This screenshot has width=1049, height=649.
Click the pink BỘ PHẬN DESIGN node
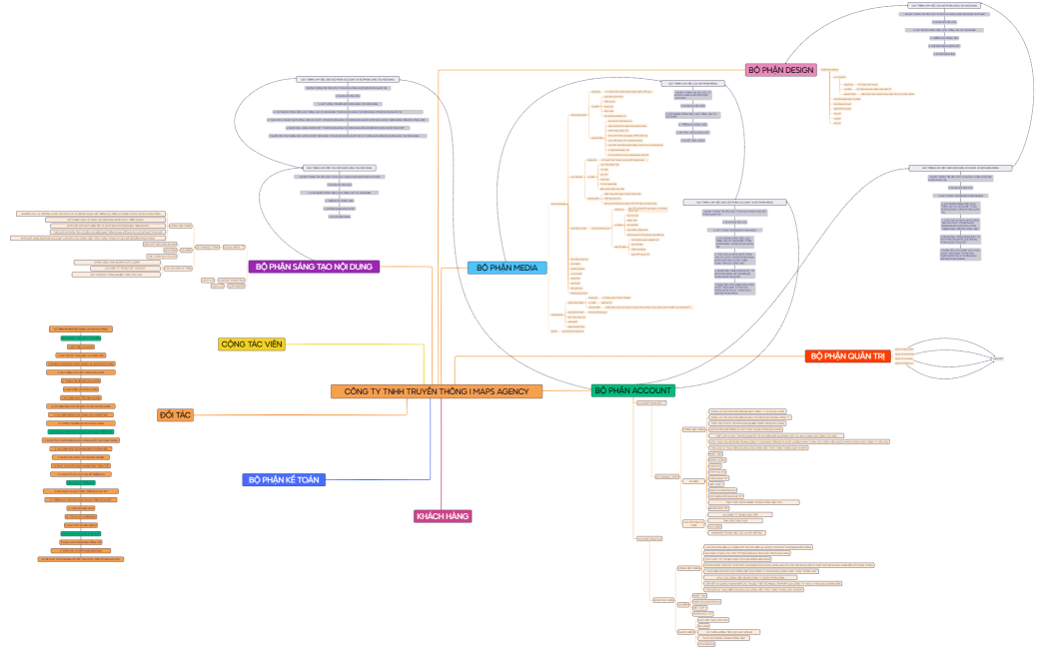(780, 70)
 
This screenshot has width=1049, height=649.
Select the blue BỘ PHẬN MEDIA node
(508, 268)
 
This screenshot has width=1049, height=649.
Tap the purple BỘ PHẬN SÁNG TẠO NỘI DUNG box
(315, 267)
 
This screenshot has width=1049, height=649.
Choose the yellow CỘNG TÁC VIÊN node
(252, 344)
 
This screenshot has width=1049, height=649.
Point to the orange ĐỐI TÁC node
(175, 414)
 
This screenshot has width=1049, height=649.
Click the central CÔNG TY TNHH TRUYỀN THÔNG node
(437, 391)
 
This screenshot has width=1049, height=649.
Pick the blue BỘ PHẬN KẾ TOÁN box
(283, 479)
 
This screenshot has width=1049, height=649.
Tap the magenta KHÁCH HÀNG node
(443, 516)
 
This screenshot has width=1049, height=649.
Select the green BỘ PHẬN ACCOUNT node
(633, 390)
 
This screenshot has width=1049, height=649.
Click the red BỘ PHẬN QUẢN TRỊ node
(848, 355)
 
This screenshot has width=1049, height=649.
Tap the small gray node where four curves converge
(998, 358)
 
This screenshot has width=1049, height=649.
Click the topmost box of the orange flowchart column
(82, 328)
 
